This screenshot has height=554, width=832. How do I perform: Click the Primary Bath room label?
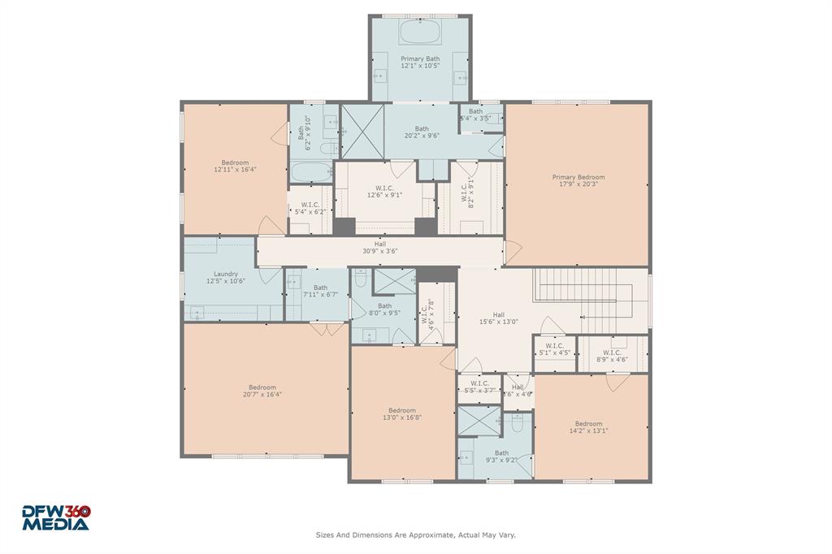coord(420,62)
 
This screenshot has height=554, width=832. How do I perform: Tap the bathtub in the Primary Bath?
coord(420,33)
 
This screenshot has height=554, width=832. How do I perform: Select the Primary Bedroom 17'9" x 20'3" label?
coord(578,180)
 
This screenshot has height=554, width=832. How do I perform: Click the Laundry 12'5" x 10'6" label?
coord(226,277)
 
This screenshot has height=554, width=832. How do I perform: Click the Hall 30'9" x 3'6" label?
coord(379,247)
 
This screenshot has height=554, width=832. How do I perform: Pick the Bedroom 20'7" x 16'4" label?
coord(262,391)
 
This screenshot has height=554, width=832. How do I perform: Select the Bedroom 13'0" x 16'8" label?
coord(402,413)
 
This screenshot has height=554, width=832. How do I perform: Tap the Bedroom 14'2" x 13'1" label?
coord(589,426)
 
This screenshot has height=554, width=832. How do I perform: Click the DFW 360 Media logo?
coord(55,517)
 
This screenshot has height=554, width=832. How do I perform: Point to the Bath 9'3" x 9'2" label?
coord(501,457)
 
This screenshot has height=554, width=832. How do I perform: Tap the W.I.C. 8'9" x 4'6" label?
coord(612,355)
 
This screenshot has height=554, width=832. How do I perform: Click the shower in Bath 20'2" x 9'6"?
coord(355,132)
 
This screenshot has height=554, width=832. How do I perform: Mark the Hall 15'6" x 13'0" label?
coord(498,318)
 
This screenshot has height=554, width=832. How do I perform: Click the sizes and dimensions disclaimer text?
coord(415,535)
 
